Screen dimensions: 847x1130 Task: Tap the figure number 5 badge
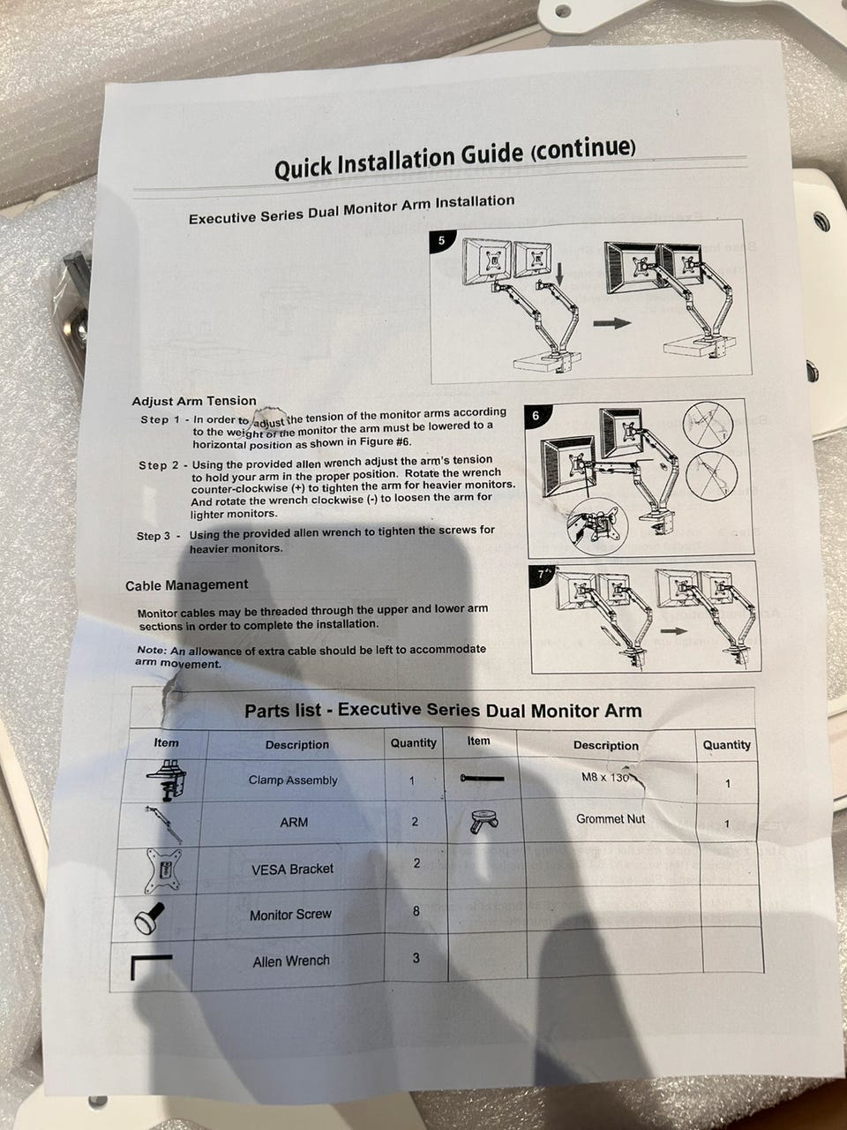click(x=441, y=240)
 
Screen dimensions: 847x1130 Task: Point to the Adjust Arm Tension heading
click(x=194, y=401)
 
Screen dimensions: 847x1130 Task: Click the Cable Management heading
click(x=187, y=585)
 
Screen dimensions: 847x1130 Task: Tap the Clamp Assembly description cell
click(x=293, y=780)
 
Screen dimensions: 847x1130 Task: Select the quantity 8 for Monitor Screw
click(x=416, y=911)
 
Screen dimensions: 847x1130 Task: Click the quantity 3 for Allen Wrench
click(x=416, y=958)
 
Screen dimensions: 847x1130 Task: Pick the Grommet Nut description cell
click(x=611, y=819)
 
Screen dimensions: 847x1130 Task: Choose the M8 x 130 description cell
click(x=605, y=778)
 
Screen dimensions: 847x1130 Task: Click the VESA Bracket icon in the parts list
click(x=163, y=871)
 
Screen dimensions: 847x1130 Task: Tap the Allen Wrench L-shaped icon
click(x=151, y=968)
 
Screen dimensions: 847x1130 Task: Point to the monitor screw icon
click(x=149, y=918)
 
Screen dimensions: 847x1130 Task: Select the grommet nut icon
click(x=483, y=821)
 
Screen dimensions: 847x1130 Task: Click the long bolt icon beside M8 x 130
click(x=482, y=779)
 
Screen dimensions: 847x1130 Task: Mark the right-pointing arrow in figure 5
click(x=612, y=323)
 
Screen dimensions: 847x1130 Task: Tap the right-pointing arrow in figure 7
click(x=674, y=631)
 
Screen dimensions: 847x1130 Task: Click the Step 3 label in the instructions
click(x=154, y=536)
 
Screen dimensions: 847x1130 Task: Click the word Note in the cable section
click(x=152, y=651)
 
